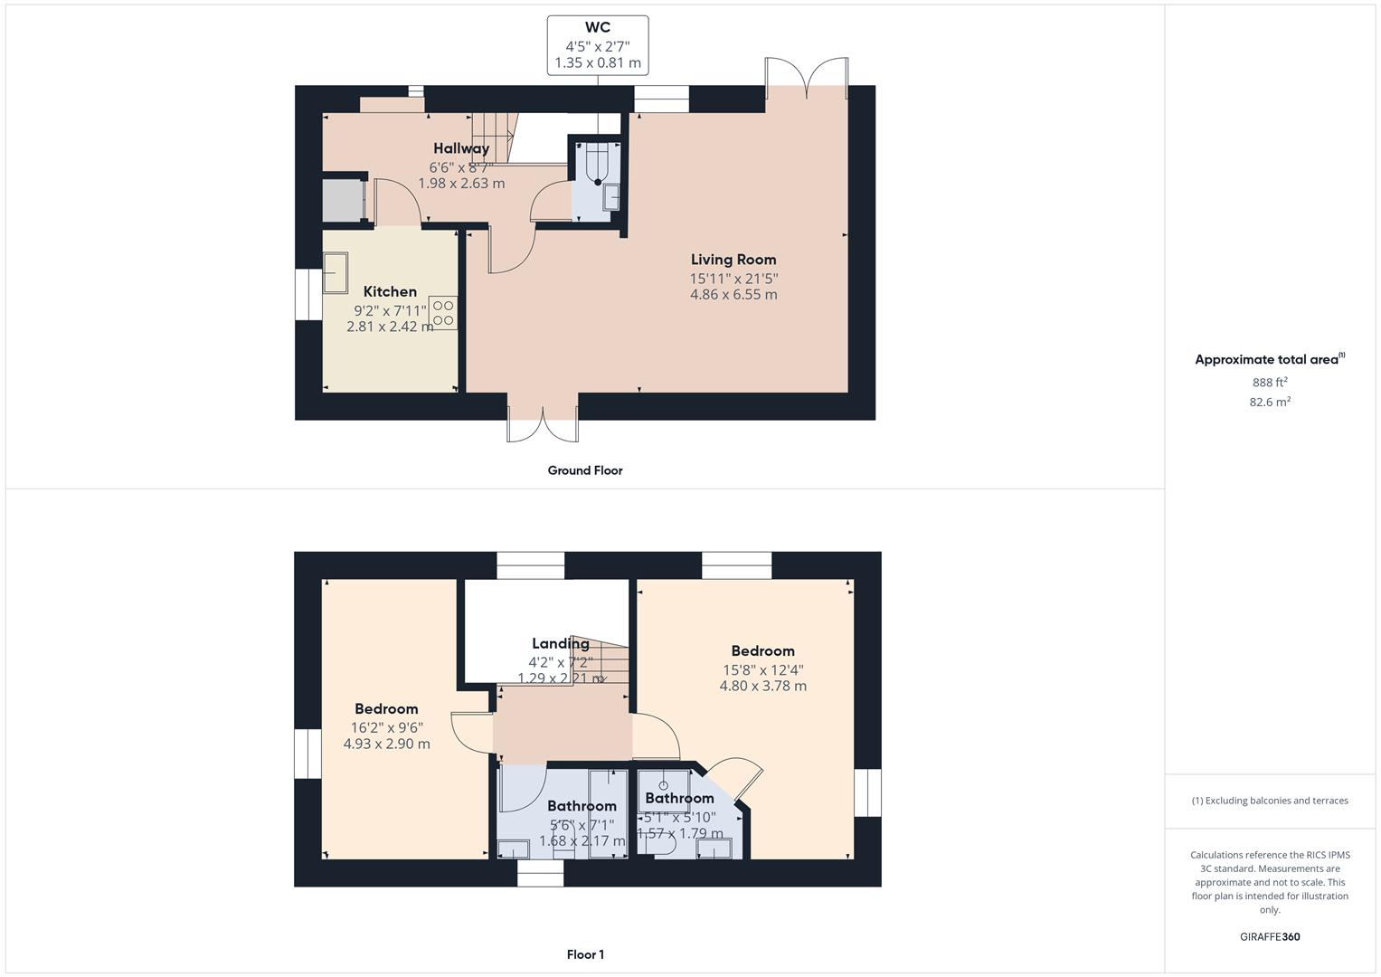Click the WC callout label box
tap(597, 45)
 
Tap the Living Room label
tap(733, 260)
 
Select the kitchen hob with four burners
tap(443, 313)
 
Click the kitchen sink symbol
tap(336, 273)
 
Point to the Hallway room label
tap(461, 148)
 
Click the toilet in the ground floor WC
tap(596, 167)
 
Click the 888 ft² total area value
tap(1270, 382)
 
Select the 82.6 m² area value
tap(1270, 402)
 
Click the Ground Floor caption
tap(585, 470)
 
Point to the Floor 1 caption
tap(585, 954)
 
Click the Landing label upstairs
tap(560, 644)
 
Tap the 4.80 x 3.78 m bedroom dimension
tap(762, 687)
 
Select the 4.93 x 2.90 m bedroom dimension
tap(386, 745)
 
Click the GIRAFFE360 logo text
tap(1270, 936)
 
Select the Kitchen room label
tap(390, 291)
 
